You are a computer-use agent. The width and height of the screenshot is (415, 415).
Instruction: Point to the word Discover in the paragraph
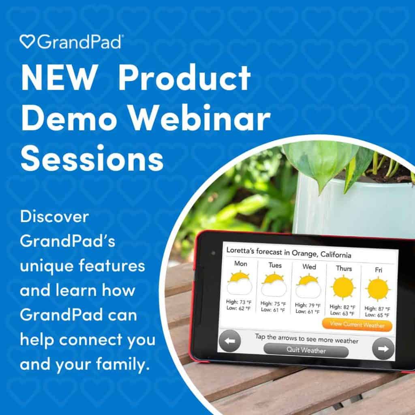54,217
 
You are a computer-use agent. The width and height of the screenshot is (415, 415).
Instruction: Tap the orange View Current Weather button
357,324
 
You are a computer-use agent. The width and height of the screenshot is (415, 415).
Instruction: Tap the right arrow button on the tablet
383,348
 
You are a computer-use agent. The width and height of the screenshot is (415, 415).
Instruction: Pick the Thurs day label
344,269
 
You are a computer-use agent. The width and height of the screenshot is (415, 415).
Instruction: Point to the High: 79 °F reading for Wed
308,305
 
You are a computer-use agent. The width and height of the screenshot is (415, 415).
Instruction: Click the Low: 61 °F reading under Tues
273,310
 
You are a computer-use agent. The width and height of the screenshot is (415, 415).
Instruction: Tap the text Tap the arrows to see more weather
306,340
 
